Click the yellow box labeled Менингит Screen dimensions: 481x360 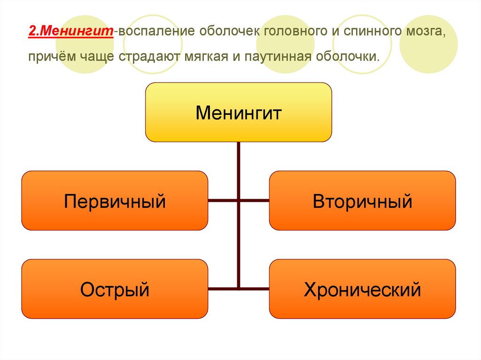click(238, 113)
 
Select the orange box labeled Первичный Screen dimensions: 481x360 click(115, 201)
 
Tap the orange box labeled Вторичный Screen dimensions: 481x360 click(362, 201)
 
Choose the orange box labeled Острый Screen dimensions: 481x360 click(115, 289)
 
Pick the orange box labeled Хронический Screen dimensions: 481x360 click(362, 289)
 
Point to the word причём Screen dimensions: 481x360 click(49, 57)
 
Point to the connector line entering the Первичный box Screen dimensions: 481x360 click(223, 201)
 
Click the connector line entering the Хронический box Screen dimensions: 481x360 click(254, 288)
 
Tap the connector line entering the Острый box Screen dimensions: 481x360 click(223, 288)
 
